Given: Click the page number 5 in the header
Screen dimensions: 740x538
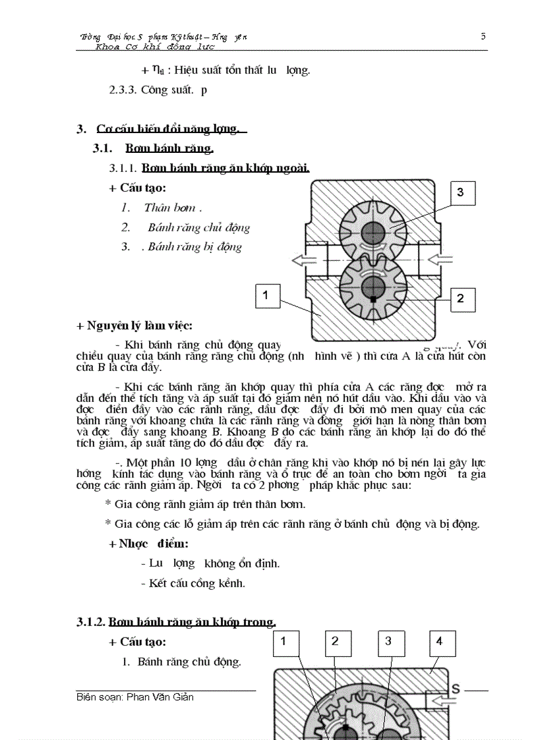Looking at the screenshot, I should click(x=483, y=36).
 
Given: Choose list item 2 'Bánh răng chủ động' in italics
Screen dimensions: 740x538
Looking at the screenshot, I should click(x=198, y=227).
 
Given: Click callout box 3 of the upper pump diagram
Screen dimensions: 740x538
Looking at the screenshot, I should click(x=460, y=192).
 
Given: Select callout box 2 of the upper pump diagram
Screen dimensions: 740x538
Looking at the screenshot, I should click(x=460, y=299).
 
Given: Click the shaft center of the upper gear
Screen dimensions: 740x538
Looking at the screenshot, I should click(x=373, y=233).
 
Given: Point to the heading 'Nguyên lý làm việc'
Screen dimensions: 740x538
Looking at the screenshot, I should click(x=134, y=326).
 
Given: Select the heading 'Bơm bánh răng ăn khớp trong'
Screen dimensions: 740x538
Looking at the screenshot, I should click(x=192, y=621).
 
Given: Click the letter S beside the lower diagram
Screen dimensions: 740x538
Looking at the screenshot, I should click(x=455, y=689).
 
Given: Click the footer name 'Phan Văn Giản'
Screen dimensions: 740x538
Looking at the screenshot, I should click(x=160, y=697).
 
